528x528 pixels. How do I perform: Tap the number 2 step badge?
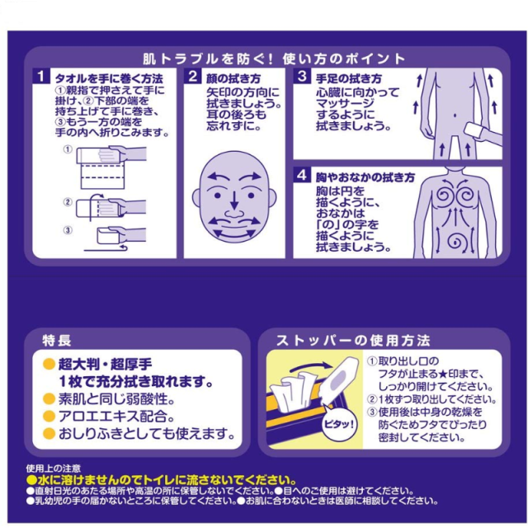click(192, 77)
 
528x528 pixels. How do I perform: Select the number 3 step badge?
click(302, 77)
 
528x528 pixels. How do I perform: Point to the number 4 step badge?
click(302, 177)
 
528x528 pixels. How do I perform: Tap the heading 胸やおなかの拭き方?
click(364, 177)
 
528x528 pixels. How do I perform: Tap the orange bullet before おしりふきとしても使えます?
click(49, 434)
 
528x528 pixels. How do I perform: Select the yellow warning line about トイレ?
click(162, 480)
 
